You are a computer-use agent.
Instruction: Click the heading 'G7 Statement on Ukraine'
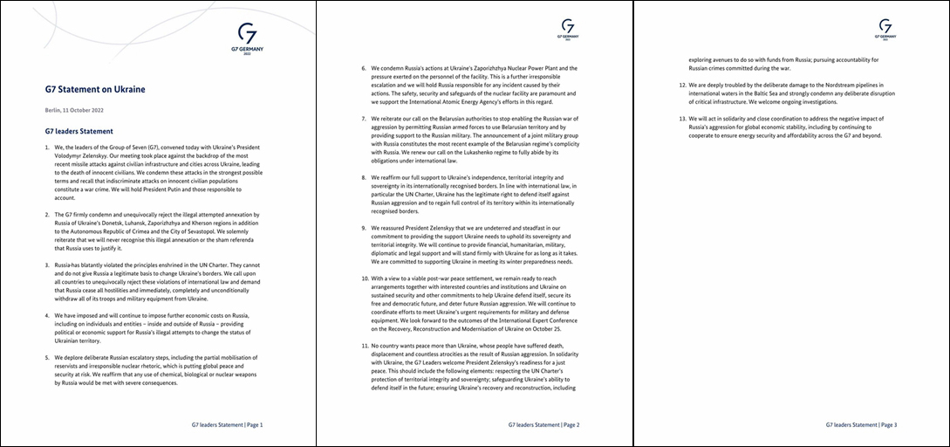[x=95, y=89]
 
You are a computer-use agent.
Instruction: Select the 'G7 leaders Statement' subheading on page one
[x=79, y=131]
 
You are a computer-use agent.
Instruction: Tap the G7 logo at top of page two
[x=568, y=29]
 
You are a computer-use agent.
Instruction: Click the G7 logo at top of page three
[x=885, y=29]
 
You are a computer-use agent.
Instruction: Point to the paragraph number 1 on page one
[x=47, y=148]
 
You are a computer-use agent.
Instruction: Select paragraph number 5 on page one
[x=47, y=359]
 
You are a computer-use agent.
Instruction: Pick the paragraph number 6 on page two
[x=364, y=68]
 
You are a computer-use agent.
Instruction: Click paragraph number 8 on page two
[x=364, y=178]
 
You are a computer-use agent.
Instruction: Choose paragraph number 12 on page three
[x=682, y=86]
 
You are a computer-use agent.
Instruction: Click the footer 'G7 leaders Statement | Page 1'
[x=227, y=425]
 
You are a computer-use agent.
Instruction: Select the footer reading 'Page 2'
[x=571, y=425]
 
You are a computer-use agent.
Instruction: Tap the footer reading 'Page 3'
[x=888, y=425]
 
